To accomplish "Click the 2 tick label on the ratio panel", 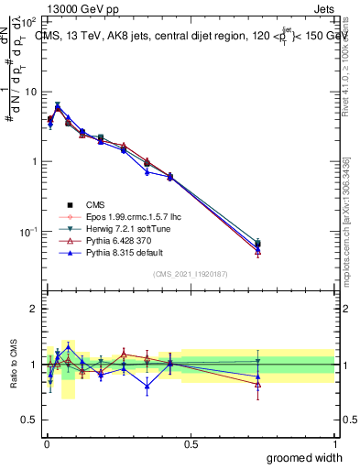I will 32,309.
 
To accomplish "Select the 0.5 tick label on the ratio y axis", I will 27,420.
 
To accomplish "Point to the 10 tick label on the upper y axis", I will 27,92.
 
